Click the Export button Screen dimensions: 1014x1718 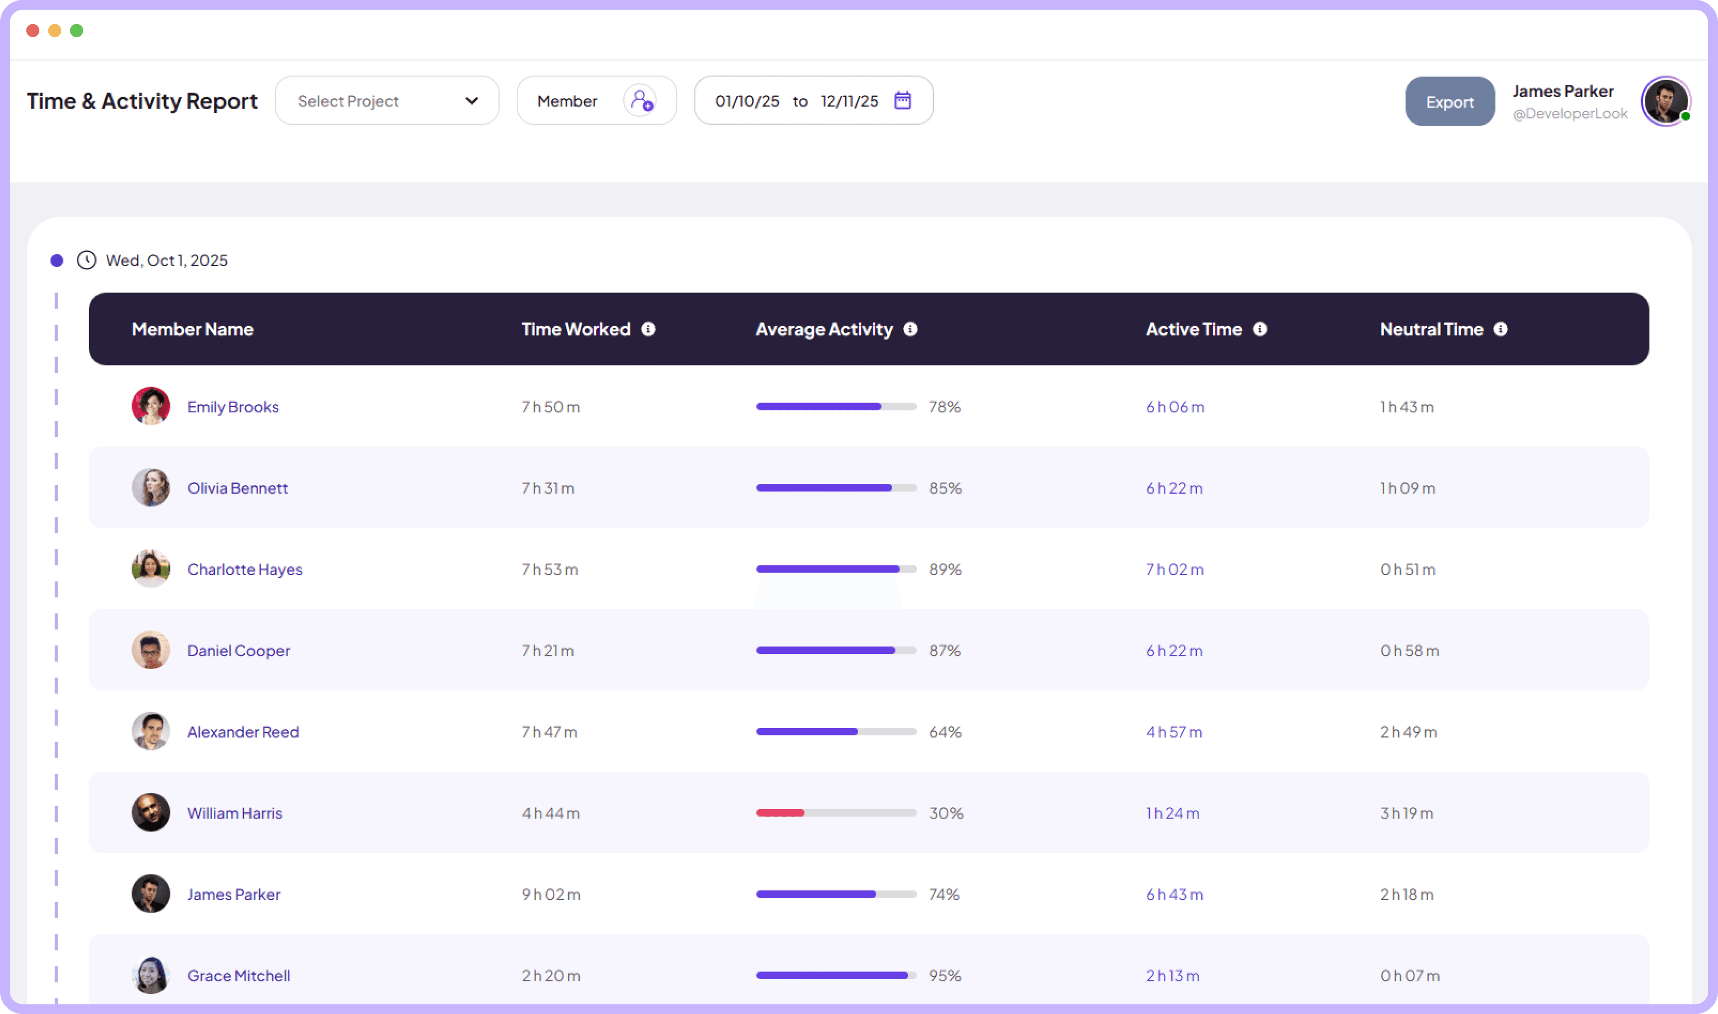click(1450, 102)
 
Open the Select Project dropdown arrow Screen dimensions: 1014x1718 click(472, 101)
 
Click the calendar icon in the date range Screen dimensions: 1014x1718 click(903, 101)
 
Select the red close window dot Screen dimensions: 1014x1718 click(33, 31)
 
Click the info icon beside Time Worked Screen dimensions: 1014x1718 click(648, 329)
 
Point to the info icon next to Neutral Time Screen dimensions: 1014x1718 click(1501, 329)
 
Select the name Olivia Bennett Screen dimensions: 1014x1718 click(237, 488)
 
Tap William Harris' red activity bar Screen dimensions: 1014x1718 click(780, 813)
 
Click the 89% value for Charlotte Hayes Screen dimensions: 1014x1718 click(945, 570)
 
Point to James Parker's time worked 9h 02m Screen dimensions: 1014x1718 click(551, 895)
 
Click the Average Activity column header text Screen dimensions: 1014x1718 click(824, 329)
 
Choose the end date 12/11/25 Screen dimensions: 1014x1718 click(850, 101)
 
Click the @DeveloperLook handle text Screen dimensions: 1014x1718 click(1570, 114)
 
